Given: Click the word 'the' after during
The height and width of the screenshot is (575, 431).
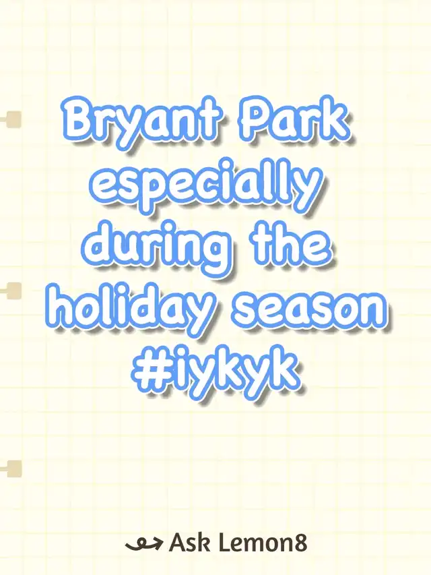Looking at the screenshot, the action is point(292,241).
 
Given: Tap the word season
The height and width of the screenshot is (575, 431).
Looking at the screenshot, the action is point(310,311).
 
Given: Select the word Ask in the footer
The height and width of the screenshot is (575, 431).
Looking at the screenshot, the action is point(189,543).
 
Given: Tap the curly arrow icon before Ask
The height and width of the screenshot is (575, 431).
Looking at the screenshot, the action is point(143,544).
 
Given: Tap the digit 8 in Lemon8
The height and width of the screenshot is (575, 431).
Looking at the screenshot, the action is point(300,543).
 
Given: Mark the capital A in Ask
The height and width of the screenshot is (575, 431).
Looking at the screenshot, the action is point(177,543).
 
